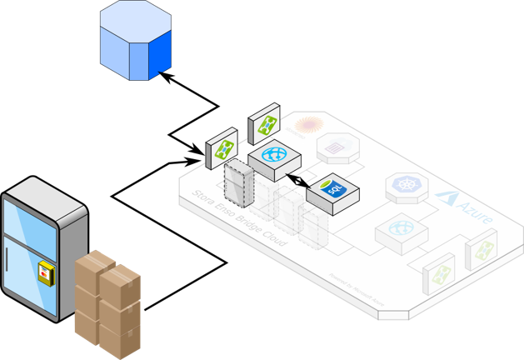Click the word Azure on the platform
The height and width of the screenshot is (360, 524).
[x=472, y=210]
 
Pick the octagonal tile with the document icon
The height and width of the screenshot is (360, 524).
[x=338, y=148]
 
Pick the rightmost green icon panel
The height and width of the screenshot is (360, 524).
[x=481, y=252]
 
